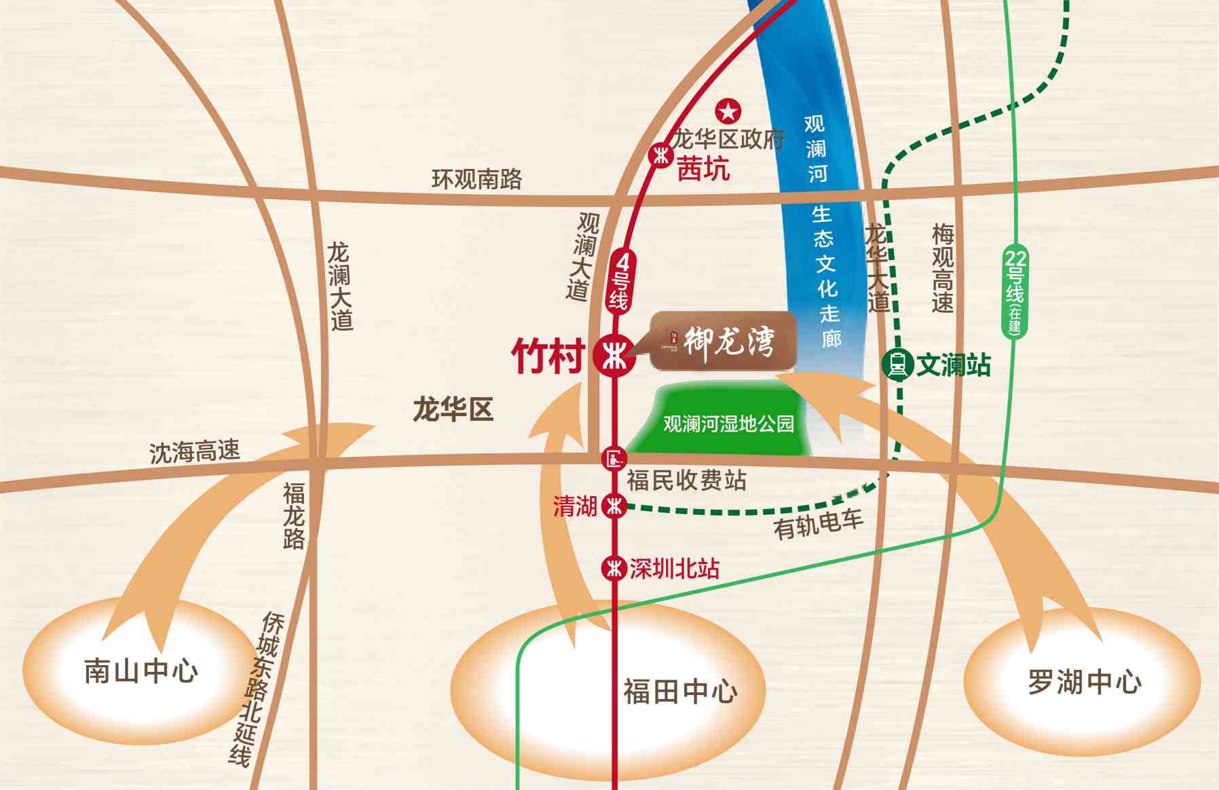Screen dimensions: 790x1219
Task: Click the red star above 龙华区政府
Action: click(728, 111)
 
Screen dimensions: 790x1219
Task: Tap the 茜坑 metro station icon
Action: click(660, 155)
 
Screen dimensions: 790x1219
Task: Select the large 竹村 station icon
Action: click(614, 355)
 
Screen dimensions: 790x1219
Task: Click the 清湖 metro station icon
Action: click(614, 506)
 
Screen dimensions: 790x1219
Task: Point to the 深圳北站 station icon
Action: click(614, 567)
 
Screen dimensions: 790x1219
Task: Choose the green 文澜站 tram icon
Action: click(897, 364)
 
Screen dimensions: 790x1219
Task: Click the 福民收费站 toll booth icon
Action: click(614, 459)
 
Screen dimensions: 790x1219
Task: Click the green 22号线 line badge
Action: click(1015, 292)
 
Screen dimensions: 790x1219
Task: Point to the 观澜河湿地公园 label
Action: click(728, 424)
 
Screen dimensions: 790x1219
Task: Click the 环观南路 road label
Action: click(477, 179)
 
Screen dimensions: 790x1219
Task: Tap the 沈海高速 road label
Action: click(195, 451)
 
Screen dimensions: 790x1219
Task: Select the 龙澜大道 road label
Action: click(340, 286)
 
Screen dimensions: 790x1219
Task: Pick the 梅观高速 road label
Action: click(943, 269)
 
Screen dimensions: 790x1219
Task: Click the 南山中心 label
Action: click(141, 671)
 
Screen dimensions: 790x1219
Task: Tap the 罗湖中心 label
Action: click(1084, 681)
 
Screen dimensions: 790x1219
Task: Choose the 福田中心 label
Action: click(680, 692)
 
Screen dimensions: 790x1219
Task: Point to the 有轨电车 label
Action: click(818, 524)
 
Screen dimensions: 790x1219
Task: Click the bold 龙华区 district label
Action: click(453, 410)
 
